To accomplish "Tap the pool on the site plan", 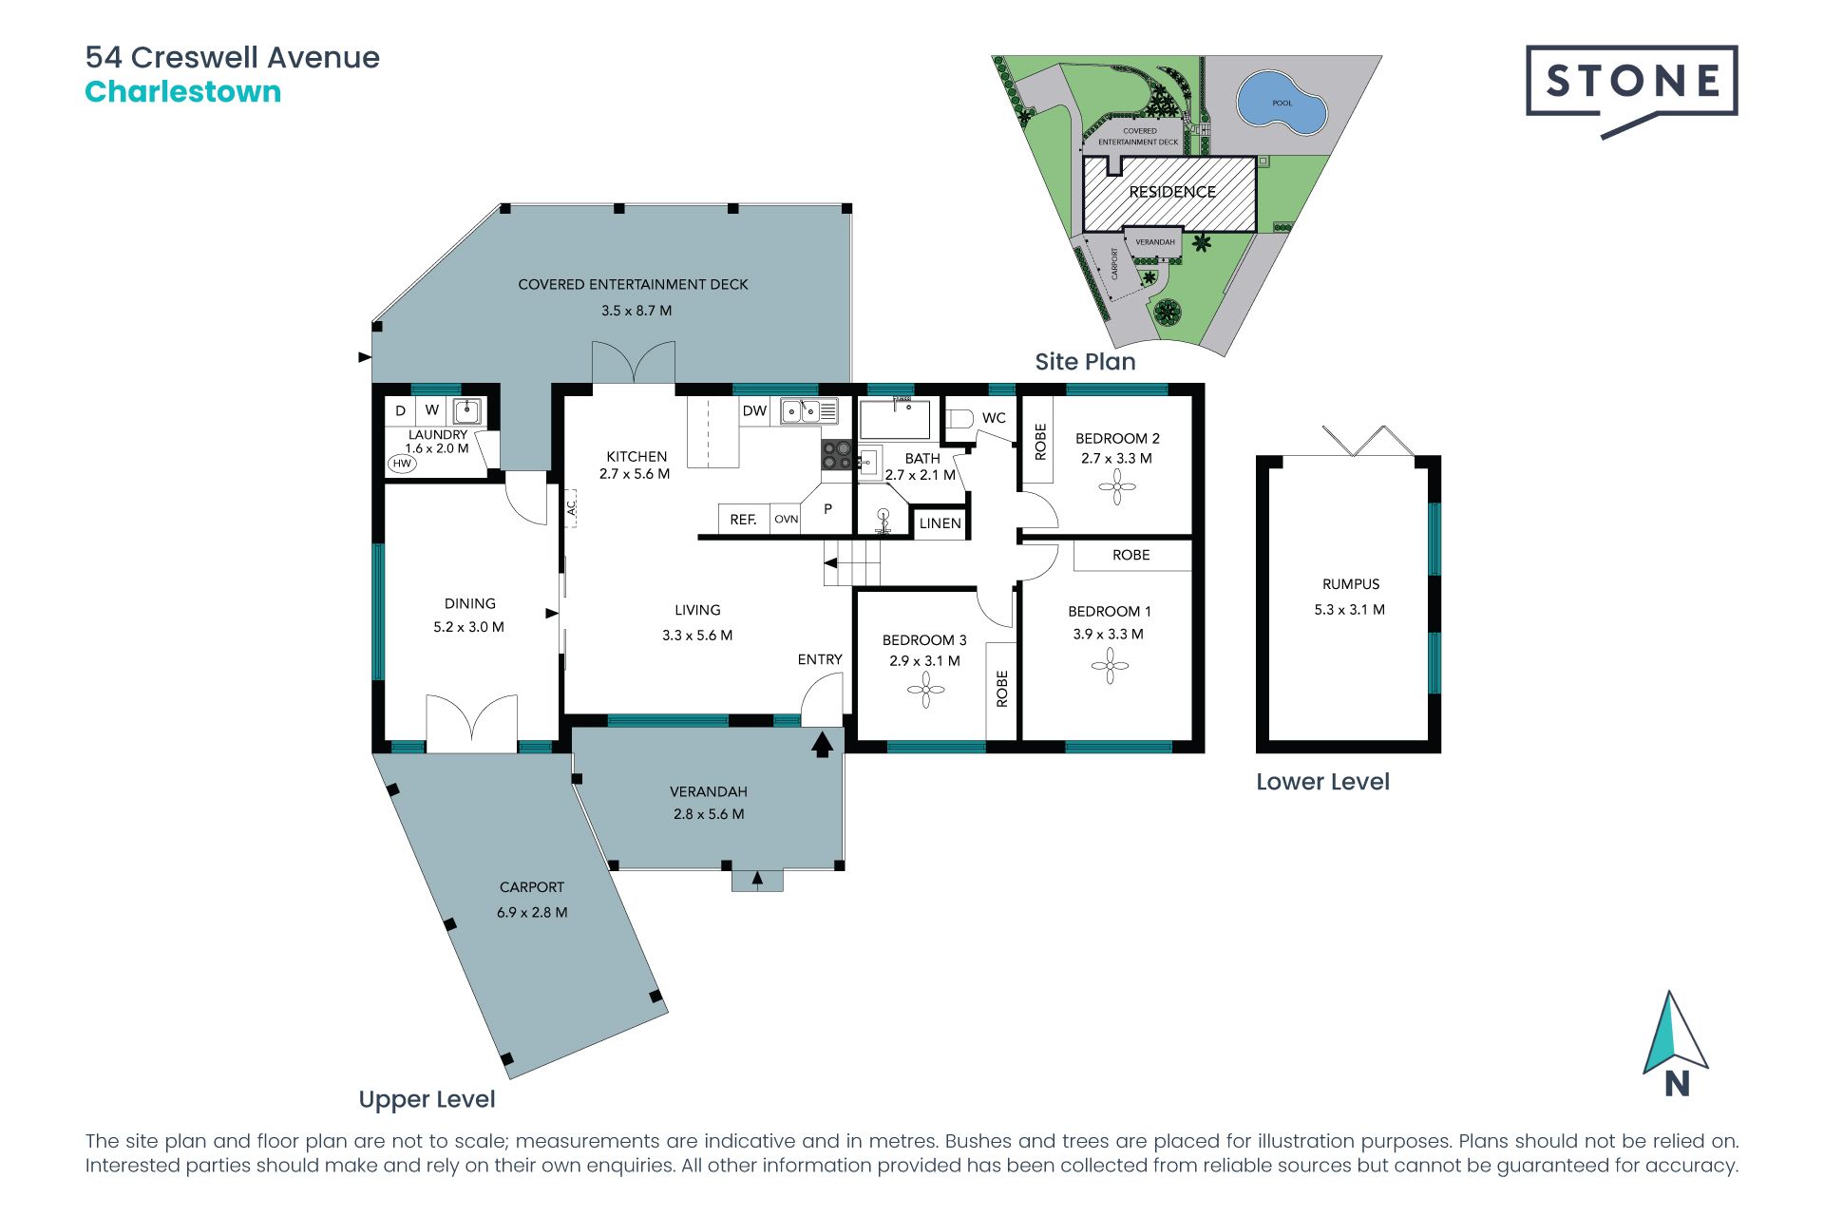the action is click(x=1281, y=100).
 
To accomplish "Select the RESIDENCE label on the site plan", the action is click(x=1172, y=192).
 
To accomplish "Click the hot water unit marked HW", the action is click(x=402, y=464).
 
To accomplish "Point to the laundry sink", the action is click(x=466, y=411).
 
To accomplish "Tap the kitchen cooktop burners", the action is click(x=837, y=455).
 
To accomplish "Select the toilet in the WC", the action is click(x=959, y=418).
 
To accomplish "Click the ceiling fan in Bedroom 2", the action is click(x=1117, y=487).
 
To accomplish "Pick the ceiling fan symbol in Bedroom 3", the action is click(x=925, y=691).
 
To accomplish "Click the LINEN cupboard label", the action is click(x=940, y=523).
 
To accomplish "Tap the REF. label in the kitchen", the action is click(x=743, y=520).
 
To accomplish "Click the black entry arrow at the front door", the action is click(x=822, y=743).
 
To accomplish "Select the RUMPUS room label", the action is click(x=1351, y=584).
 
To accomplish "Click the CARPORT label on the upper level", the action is click(x=532, y=887).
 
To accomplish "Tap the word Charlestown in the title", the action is click(x=183, y=92).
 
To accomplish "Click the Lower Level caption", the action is click(x=1322, y=782).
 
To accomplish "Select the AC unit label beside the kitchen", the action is click(x=572, y=508).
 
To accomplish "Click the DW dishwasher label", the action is click(x=755, y=411).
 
